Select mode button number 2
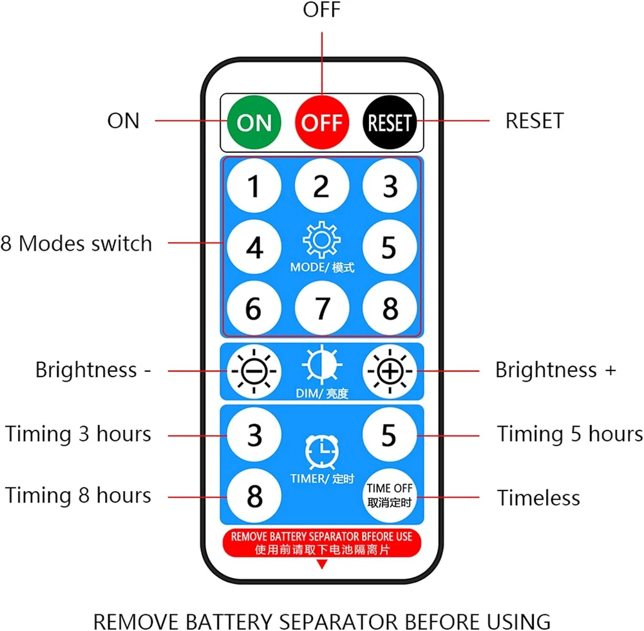pos(322,186)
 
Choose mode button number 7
pos(322,309)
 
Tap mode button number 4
pos(254,248)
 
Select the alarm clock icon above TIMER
pos(322,451)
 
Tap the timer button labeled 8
pos(254,496)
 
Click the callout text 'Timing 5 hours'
pos(570,434)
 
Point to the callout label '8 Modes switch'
pos(77,244)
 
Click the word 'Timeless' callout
pos(538,498)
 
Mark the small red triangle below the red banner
pos(322,565)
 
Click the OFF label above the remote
pos(322,11)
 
